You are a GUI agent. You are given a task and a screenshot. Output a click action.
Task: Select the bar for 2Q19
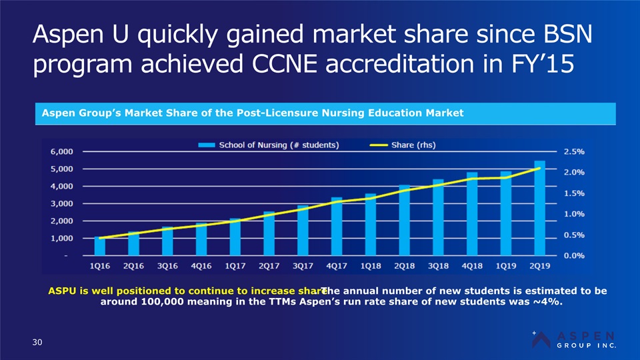coord(539,208)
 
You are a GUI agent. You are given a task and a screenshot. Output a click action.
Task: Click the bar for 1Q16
coord(100,246)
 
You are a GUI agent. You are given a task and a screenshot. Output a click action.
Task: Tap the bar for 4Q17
coord(337,227)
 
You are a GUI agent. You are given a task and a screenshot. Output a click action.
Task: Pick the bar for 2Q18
coord(405,220)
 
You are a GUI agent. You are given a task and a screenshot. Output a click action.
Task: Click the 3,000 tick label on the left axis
coord(62,203)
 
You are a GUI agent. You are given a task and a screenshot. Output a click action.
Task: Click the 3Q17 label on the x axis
coord(303,265)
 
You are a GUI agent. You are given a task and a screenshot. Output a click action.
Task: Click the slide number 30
coord(38,343)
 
